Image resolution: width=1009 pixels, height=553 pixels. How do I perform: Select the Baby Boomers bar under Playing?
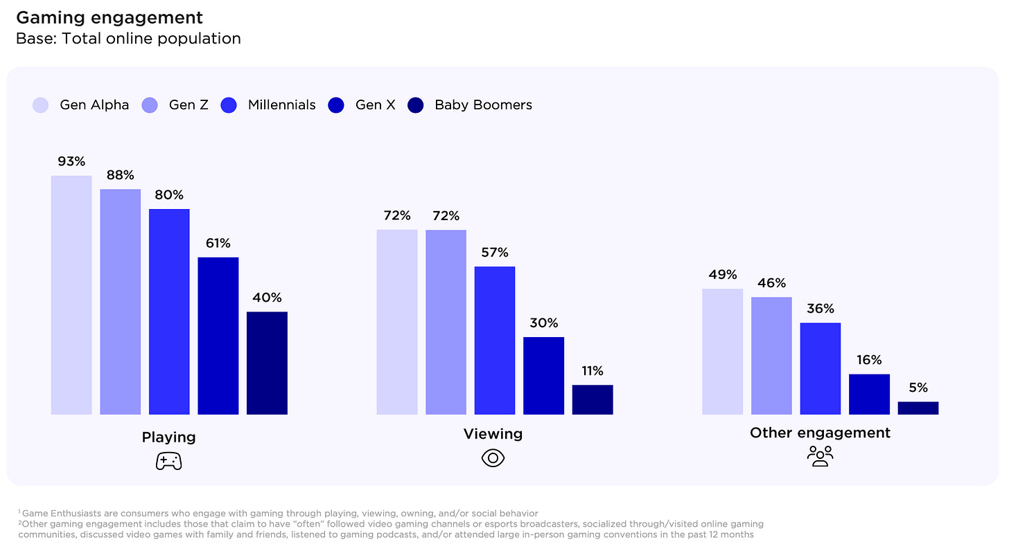coord(267,363)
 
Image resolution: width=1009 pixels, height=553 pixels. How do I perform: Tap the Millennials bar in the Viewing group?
coord(495,340)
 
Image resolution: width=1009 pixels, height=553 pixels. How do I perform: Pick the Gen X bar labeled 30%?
coord(543,375)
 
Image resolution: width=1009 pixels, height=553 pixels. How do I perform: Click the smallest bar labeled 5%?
coord(918,408)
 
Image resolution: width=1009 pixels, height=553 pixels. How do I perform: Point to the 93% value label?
coord(71,161)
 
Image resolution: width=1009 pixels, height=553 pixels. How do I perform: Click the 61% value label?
coord(218,243)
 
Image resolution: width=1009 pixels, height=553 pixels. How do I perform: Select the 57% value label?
coord(495,252)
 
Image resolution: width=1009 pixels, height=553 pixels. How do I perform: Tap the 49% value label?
coord(722,275)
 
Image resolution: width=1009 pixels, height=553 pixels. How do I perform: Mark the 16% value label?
coord(868,360)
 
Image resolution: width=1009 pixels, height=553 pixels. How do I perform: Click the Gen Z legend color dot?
coord(150,105)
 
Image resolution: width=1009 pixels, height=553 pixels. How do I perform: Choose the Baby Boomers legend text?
coord(483,105)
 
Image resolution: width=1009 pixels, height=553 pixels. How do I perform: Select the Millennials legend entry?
coord(281,105)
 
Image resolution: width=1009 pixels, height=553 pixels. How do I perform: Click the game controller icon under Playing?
coord(168,461)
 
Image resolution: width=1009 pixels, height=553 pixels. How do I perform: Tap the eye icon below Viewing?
coord(493,457)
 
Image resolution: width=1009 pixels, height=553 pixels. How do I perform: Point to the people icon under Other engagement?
coord(820,455)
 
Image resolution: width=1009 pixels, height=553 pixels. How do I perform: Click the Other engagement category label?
coord(820,433)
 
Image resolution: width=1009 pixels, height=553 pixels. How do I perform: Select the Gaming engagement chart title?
coord(109,17)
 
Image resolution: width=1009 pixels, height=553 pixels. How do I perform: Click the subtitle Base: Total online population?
coord(128,39)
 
